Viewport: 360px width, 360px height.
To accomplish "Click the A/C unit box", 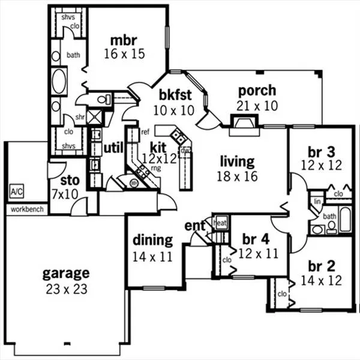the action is (x=17, y=191).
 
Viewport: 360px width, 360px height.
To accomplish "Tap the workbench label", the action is (x=27, y=209).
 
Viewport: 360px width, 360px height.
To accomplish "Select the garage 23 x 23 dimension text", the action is (x=67, y=289).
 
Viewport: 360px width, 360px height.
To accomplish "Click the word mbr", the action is (x=124, y=40).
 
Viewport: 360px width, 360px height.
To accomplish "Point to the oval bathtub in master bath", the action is (x=59, y=81).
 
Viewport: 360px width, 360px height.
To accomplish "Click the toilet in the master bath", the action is (x=104, y=100).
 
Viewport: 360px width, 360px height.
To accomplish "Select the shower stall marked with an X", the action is (x=95, y=117).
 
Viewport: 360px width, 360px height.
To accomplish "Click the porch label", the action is (x=257, y=91).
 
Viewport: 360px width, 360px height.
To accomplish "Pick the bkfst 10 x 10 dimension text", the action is (x=174, y=110).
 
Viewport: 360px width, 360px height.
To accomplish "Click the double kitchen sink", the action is (x=178, y=136).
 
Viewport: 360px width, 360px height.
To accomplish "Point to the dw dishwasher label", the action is (x=185, y=151).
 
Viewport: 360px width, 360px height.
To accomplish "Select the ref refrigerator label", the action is (x=145, y=132).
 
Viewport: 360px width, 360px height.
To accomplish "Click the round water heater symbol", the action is (x=134, y=183).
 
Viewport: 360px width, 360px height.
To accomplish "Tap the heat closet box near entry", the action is (x=221, y=223).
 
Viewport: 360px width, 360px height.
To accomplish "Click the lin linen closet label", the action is (x=317, y=202).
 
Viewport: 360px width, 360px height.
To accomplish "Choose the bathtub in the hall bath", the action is (x=345, y=219).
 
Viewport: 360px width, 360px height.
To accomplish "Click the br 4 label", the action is (x=256, y=239).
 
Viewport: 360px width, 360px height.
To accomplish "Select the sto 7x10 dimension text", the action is (x=65, y=194).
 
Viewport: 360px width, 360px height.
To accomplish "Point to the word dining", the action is (x=152, y=241).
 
